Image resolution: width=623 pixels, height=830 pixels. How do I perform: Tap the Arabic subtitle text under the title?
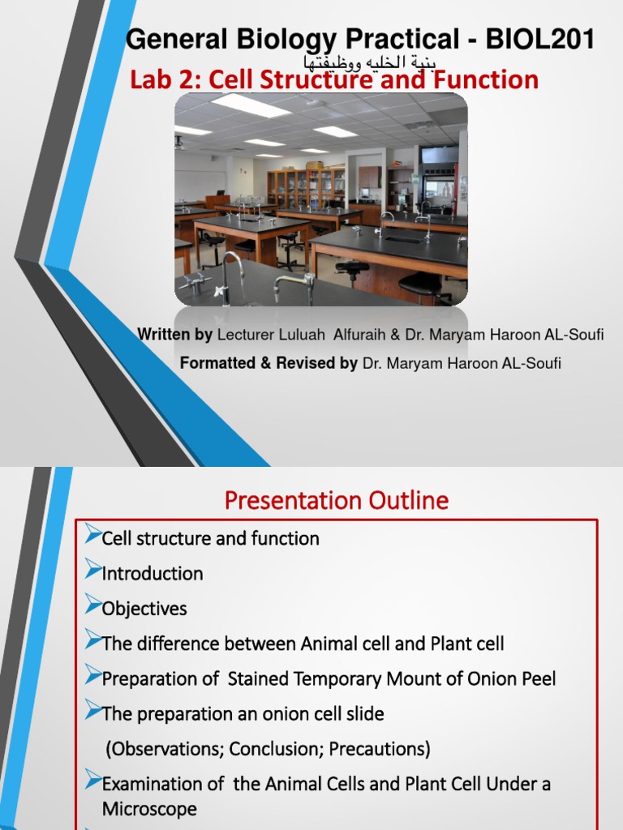tap(370, 62)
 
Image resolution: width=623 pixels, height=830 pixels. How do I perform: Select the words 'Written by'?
tap(174, 335)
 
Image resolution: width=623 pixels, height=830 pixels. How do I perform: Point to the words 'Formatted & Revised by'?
tap(268, 364)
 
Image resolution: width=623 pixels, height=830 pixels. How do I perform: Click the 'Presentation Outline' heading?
tap(336, 501)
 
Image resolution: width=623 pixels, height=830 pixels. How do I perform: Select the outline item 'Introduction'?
tap(153, 574)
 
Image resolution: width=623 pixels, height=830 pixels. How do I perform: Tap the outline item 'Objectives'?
tap(144, 609)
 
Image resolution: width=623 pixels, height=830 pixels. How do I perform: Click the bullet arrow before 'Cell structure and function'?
tap(92, 536)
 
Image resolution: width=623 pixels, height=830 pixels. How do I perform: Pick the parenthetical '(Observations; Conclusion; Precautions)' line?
tap(268, 748)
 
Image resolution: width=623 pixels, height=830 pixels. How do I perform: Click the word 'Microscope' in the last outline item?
tap(149, 809)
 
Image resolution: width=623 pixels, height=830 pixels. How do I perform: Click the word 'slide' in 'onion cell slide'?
tap(364, 714)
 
